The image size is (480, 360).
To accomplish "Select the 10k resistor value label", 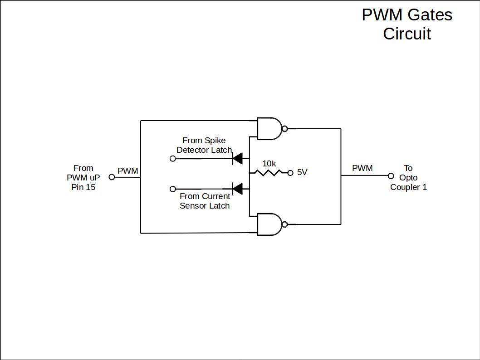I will [269, 163].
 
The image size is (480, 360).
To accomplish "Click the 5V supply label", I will [302, 172].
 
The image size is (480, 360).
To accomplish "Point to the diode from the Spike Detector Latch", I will [237, 158].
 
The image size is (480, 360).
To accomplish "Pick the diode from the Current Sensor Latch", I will [237, 188].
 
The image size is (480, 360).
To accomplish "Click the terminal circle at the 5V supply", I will [290, 172].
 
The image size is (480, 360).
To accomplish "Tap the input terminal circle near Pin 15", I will [112, 177].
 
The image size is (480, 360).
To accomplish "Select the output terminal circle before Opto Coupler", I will [391, 176].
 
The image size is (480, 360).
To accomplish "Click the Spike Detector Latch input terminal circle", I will [172, 158].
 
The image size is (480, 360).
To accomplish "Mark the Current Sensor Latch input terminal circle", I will [172, 189].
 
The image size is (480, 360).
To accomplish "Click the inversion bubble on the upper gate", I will [284, 129].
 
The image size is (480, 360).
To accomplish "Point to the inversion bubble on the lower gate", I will [284, 224].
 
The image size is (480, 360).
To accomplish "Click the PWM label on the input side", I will [128, 171].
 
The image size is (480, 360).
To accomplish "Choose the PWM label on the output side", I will [362, 168].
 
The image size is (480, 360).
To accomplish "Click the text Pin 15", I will [83, 187].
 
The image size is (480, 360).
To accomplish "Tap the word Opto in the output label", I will [408, 178].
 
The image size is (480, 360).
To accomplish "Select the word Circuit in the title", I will [407, 34].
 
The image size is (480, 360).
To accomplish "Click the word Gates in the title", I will [430, 15].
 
